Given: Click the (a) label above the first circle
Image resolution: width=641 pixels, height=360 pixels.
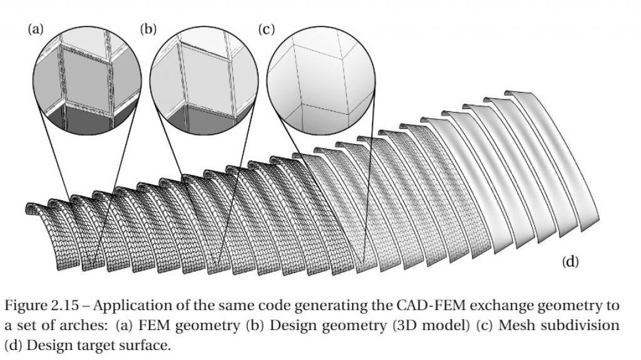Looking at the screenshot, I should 36,29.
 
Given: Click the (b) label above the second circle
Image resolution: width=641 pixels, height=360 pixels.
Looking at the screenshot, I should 148,29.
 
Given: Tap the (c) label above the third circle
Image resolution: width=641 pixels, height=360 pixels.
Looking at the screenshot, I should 266,29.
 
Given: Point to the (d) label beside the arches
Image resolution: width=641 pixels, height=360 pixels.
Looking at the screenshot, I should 570,262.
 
